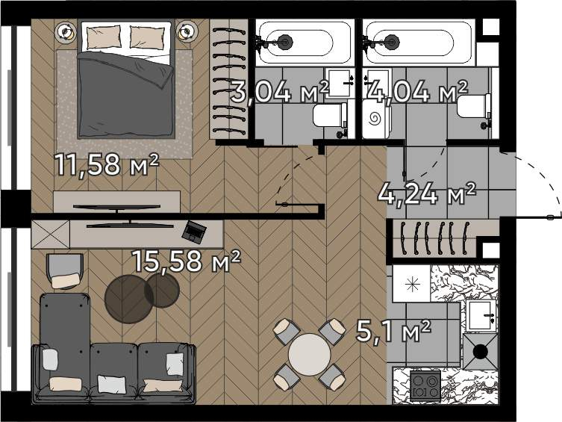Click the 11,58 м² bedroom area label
tap(106, 165)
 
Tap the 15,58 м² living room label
tap(187, 261)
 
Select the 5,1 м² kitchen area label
tap(393, 332)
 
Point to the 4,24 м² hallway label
tap(427, 193)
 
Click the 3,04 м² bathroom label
tap(280, 92)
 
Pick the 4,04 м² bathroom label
tap(418, 91)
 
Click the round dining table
tap(310, 355)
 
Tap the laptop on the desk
tap(194, 232)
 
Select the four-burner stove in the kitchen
tap(425, 385)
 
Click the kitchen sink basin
tap(481, 315)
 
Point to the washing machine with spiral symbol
tap(376, 119)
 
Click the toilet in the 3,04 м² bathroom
tap(330, 115)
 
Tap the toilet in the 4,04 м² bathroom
tap(474, 106)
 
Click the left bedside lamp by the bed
tap(65, 32)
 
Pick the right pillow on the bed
tap(147, 37)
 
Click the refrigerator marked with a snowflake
tap(411, 284)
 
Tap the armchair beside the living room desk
tap(65, 271)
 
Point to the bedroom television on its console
tap(117, 207)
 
